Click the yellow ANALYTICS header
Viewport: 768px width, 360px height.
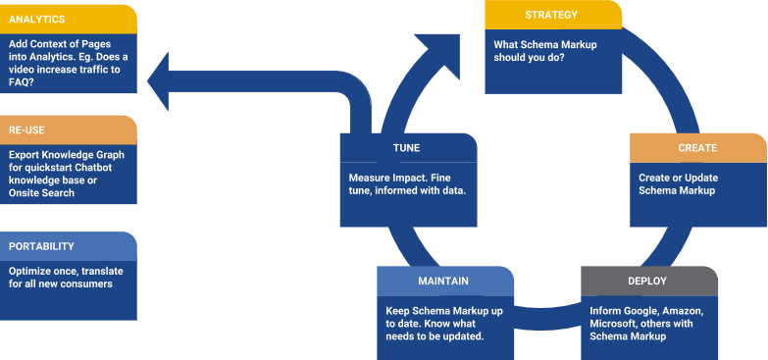(x=68, y=18)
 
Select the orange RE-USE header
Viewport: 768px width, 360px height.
(x=68, y=129)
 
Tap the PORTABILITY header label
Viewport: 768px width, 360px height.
(x=68, y=246)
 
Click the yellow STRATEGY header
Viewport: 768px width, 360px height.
(x=552, y=15)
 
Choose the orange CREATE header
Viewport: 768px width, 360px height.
(x=697, y=148)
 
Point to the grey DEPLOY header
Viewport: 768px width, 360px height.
(x=647, y=281)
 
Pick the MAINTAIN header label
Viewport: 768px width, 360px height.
(x=445, y=281)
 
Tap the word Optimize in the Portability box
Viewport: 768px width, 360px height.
(x=30, y=271)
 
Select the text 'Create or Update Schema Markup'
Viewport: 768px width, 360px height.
(x=677, y=183)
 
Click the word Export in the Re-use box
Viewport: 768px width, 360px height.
(x=26, y=154)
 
